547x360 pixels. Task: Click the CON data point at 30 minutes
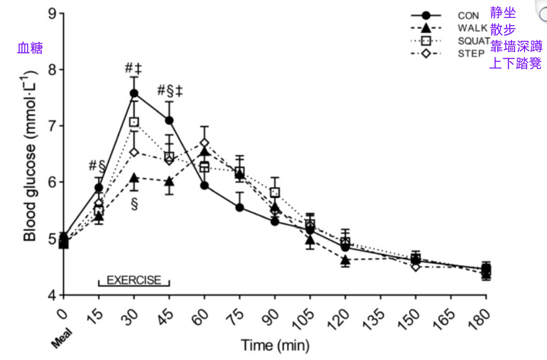coord(134,93)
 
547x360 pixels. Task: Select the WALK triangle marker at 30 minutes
coord(134,178)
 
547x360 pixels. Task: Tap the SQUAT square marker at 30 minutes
coord(134,122)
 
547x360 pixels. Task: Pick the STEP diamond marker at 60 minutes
coord(204,143)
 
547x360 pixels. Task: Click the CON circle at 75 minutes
coord(240,207)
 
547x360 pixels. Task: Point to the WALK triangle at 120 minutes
coord(345,260)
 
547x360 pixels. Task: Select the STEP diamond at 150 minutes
coord(416,267)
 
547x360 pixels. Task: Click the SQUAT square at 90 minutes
coord(275,192)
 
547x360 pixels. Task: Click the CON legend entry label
coord(468,16)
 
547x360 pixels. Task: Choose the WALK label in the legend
coord(472,28)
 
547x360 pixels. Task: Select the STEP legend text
coord(471,53)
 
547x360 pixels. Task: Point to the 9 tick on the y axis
coord(52,13)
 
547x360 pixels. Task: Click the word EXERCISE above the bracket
coord(134,280)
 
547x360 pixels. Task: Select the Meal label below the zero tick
coord(62,339)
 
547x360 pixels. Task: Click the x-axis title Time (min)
coord(275,345)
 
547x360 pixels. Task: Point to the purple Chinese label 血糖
coord(30,48)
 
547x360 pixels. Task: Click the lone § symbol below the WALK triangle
coord(134,204)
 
